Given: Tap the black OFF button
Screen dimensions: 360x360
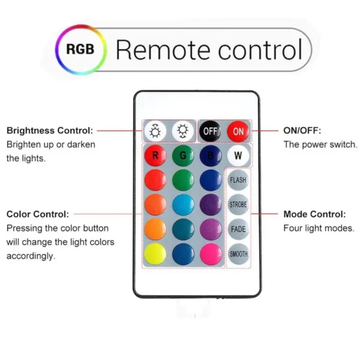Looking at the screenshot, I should (x=210, y=131).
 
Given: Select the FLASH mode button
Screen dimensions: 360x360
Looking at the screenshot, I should (x=238, y=180).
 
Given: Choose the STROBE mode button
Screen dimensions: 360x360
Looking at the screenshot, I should (x=238, y=205).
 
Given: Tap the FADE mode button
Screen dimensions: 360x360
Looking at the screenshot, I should (x=238, y=229).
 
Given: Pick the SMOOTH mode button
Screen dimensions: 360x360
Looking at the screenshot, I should (x=238, y=254).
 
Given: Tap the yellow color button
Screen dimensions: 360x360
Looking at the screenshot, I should (x=155, y=254).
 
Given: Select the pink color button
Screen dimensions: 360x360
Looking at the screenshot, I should (x=210, y=254).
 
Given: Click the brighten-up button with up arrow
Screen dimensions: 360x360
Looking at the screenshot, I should (x=155, y=131).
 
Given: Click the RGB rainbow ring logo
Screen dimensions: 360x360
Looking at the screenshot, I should (x=80, y=49).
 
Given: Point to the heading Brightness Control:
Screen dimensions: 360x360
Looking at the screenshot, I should (x=49, y=130).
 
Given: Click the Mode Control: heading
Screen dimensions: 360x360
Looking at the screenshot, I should (x=314, y=214).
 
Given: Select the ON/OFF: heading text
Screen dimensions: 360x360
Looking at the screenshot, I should (x=302, y=130).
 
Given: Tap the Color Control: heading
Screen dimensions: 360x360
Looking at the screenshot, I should (x=38, y=214).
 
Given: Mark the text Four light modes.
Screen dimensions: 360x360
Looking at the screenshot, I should (x=319, y=228).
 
